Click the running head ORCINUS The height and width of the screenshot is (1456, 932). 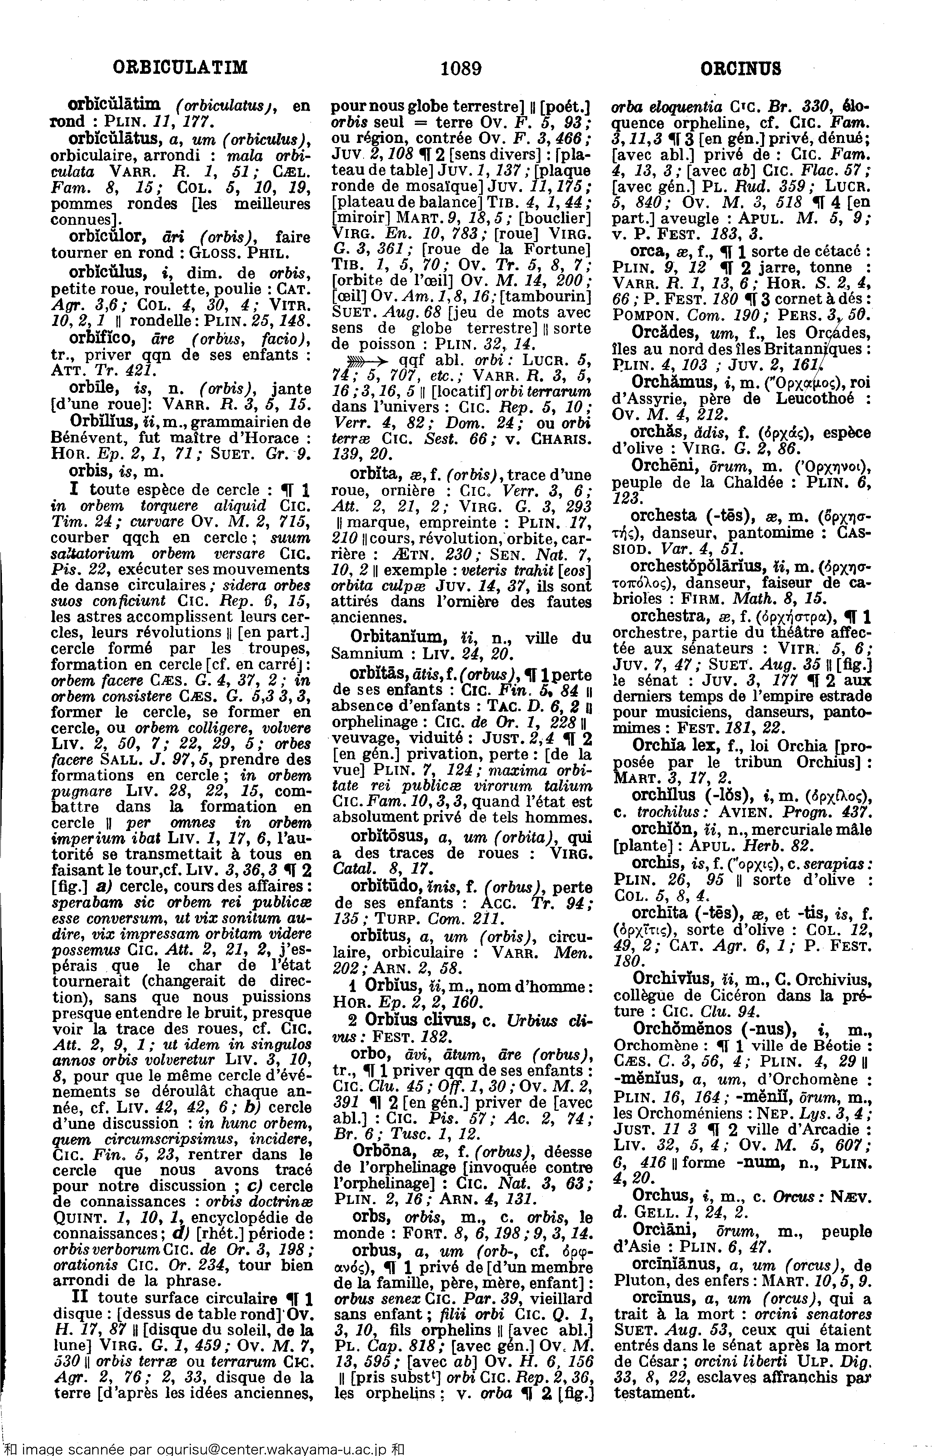[x=740, y=68]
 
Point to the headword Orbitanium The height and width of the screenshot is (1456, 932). [x=398, y=637]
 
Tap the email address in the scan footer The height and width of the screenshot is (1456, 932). [x=269, y=1448]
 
